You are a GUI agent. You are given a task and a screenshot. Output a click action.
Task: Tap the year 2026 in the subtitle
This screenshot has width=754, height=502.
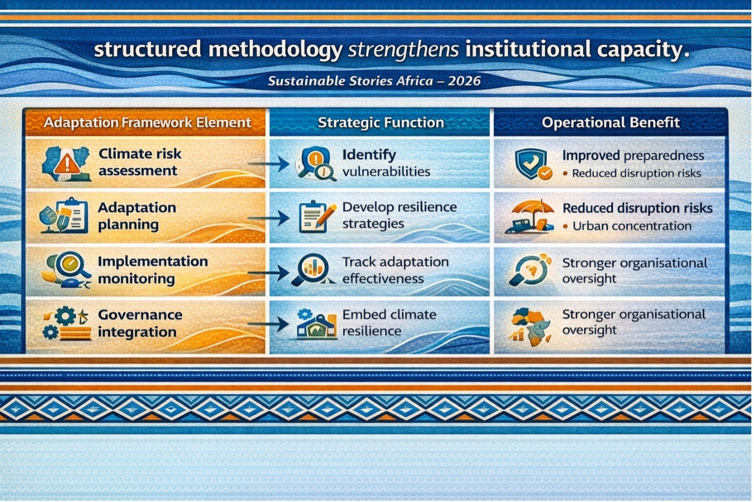point(464,81)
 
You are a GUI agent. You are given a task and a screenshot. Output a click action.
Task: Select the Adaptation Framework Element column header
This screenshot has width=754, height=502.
point(147,123)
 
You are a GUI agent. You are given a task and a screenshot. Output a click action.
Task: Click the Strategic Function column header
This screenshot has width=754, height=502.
point(381,123)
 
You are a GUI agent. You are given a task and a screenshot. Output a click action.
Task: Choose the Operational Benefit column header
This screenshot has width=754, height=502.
point(611,123)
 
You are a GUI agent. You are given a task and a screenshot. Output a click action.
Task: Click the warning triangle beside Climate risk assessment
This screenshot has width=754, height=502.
point(67,162)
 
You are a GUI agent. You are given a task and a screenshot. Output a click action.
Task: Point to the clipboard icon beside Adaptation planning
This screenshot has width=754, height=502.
point(71,215)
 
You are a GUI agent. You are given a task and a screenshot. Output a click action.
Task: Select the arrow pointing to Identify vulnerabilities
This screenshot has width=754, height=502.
point(269,164)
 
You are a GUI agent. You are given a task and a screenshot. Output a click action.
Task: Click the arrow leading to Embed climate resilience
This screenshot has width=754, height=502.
point(269,324)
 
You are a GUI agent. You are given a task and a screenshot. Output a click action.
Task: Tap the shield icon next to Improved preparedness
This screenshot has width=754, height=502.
point(531,163)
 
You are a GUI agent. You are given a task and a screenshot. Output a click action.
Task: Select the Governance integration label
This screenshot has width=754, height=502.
point(140,323)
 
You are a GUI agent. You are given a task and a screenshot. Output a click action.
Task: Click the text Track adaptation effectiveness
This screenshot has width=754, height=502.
point(396,270)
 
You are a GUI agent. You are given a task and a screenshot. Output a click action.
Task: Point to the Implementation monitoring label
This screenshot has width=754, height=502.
point(153,270)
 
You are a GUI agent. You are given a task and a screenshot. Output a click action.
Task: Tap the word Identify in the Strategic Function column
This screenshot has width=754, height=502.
point(369,155)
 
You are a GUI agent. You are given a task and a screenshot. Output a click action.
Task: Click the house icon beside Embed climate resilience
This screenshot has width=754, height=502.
point(317,326)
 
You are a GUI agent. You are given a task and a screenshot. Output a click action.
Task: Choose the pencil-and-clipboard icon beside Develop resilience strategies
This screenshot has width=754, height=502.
point(317,217)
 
